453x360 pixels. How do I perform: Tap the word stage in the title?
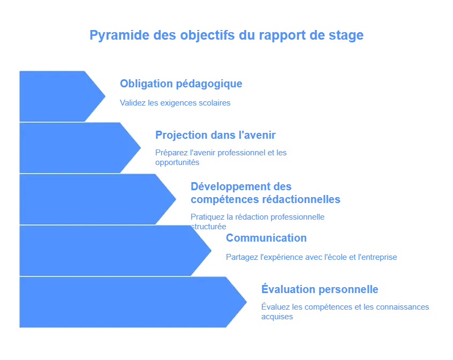pos(349,36)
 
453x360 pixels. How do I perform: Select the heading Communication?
pos(266,238)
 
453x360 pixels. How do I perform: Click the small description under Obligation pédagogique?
pos(175,102)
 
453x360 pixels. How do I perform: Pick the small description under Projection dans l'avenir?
pos(220,155)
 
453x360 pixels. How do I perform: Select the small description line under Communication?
pos(310,257)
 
